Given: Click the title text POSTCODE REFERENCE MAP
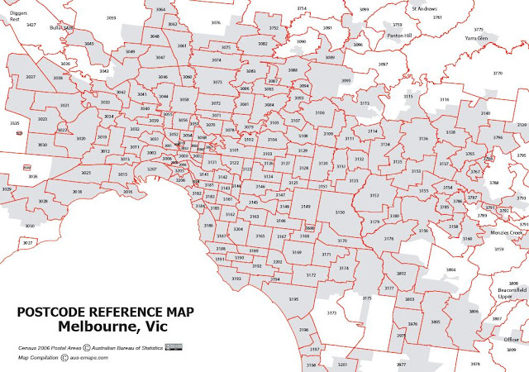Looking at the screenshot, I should click(106, 312).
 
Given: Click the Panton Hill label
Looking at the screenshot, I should click(396, 35).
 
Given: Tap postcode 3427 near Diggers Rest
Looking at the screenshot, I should click(31, 26).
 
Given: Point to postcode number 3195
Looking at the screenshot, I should click(293, 298).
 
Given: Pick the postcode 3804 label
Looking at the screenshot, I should click(450, 269).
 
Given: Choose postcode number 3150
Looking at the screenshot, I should click(339, 212).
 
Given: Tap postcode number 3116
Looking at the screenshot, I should click(444, 99).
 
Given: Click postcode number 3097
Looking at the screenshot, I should click(383, 64).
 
